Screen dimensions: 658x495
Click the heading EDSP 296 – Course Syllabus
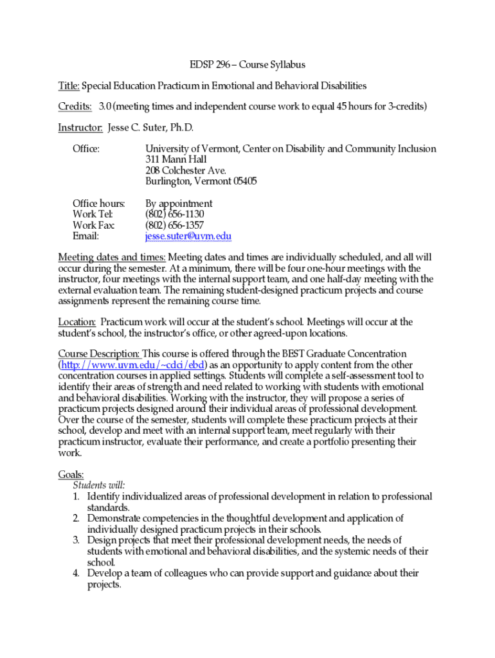click(x=248, y=65)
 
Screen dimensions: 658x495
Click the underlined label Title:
click(x=69, y=85)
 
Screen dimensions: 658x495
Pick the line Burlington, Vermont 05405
click(x=201, y=181)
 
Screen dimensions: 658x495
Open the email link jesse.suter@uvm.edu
click(x=188, y=236)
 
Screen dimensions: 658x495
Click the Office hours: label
click(x=98, y=203)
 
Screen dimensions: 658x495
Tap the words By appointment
click(x=179, y=203)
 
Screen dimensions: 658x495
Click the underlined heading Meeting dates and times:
click(x=111, y=257)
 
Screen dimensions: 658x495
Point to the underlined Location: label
click(x=77, y=321)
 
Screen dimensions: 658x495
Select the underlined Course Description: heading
click(x=99, y=353)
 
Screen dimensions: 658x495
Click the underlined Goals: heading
click(x=71, y=474)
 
